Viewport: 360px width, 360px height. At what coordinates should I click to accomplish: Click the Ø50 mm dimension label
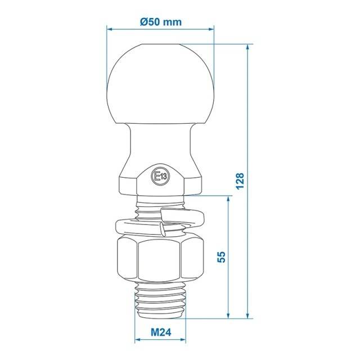(161, 22)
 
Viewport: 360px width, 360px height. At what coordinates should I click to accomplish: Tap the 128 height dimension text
(240, 181)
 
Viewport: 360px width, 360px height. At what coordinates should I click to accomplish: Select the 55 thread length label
(221, 257)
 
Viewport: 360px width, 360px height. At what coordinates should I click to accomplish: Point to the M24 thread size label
(161, 332)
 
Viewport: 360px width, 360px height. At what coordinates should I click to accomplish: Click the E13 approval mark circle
(160, 176)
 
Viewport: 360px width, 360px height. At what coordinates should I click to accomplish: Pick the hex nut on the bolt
(160, 259)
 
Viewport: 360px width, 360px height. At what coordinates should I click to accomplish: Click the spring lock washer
(160, 222)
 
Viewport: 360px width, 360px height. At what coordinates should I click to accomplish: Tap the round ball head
(160, 84)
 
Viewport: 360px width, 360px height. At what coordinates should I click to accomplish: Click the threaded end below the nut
(160, 300)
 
